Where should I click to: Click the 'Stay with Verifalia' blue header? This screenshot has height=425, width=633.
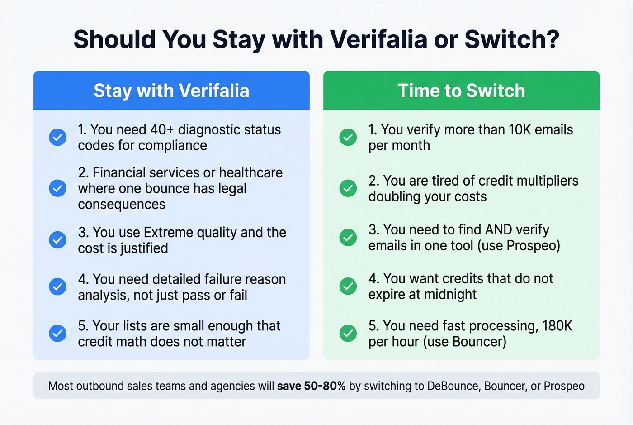pos(171,91)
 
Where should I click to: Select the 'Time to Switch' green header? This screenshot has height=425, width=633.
pos(461,91)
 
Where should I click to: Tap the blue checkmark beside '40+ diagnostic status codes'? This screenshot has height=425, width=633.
pos(57,137)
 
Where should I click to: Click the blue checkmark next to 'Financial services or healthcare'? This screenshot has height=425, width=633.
pos(57,188)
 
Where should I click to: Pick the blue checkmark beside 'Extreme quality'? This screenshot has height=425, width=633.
pos(57,240)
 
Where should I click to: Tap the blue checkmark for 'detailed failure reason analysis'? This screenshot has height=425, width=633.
pos(57,287)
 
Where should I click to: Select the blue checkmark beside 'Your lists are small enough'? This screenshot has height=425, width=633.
pos(57,333)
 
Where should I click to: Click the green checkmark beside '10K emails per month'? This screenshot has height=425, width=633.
pos(348,137)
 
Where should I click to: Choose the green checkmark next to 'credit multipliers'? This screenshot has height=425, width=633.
pos(348,188)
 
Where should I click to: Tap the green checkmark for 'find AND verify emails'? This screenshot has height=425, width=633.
pos(348,237)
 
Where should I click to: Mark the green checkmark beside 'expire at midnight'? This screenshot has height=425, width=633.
pos(348,286)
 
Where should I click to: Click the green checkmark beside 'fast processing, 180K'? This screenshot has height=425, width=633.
pos(348,333)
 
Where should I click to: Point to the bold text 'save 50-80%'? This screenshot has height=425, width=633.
pos(311,386)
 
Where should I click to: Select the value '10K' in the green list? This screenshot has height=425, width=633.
pos(520,130)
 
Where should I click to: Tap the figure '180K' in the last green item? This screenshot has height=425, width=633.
pos(557,326)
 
